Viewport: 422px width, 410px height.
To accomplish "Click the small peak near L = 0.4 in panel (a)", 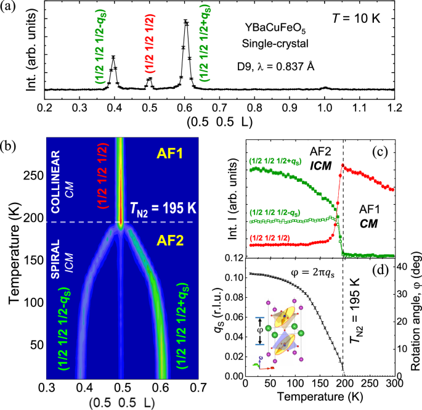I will pyautogui.click(x=113, y=57).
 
